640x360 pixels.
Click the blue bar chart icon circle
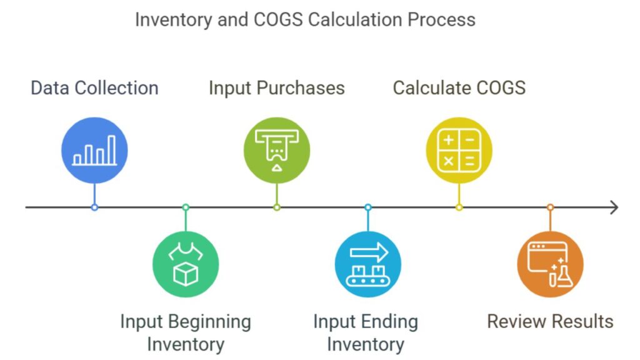(94, 150)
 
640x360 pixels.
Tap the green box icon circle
(186, 264)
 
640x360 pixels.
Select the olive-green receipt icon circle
(277, 150)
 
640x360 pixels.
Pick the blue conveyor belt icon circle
(367, 264)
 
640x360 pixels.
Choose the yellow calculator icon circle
(459, 150)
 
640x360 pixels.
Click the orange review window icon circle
(550, 264)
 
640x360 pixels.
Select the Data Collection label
(95, 88)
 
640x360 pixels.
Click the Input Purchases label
(277, 88)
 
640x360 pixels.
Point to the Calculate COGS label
(459, 88)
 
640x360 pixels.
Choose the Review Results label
(550, 322)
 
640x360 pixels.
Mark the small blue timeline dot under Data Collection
(95, 207)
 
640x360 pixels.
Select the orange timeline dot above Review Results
(550, 207)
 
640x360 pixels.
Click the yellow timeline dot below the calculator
(459, 207)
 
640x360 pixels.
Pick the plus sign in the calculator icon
(449, 140)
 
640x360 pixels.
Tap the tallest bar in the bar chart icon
(111, 150)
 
